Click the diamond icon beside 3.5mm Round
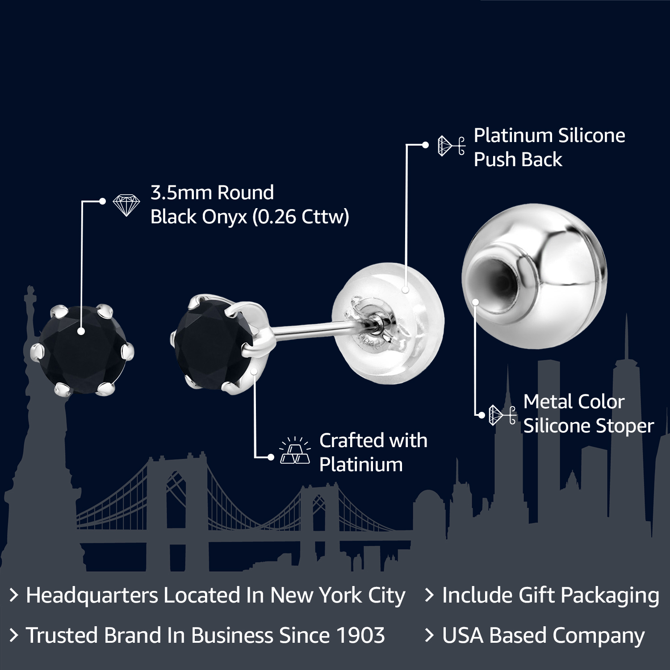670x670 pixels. [x=126, y=205]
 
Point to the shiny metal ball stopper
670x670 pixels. [x=535, y=276]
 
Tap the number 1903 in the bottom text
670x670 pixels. [x=360, y=635]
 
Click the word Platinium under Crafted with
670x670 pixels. [x=361, y=465]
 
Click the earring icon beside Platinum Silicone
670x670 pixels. [x=451, y=146]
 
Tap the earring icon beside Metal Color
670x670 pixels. [x=502, y=415]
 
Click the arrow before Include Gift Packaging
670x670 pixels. [x=429, y=595]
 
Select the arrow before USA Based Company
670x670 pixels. [x=429, y=635]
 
